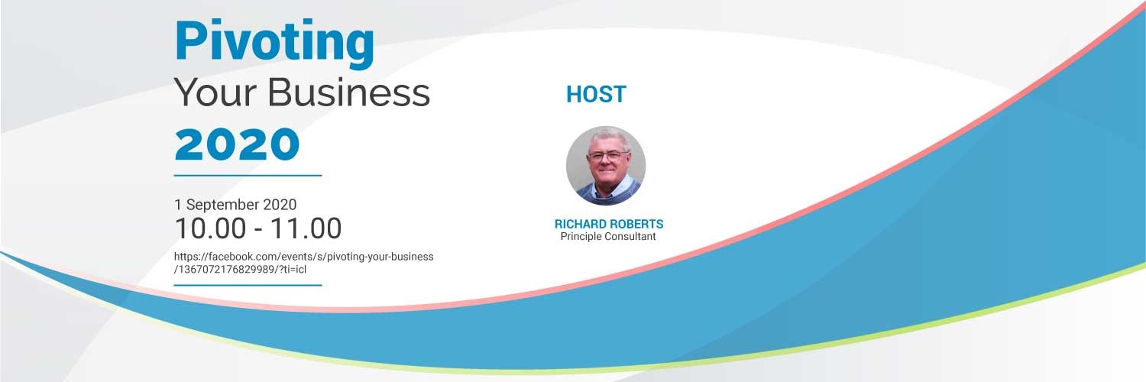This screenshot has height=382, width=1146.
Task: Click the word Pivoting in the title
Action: (274, 42)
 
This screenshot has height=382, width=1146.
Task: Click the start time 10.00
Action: (211, 228)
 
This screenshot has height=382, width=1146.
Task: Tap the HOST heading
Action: (596, 95)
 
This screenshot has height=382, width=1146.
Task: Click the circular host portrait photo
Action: (606, 166)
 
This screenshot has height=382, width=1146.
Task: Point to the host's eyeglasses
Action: (608, 155)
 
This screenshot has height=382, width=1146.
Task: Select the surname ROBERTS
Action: (636, 225)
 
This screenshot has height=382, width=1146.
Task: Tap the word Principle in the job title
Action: (583, 237)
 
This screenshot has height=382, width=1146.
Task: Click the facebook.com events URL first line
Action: (303, 257)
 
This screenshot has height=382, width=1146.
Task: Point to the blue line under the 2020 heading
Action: (248, 175)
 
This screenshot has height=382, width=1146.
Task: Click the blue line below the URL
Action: (248, 285)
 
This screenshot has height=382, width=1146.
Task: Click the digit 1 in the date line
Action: (177, 205)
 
